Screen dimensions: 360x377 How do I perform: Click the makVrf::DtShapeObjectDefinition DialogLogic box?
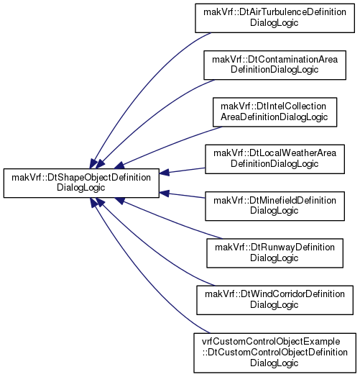(81, 183)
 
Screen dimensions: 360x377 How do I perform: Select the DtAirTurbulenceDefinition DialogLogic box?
(274, 18)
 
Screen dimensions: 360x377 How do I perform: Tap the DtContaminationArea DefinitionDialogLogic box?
(274, 65)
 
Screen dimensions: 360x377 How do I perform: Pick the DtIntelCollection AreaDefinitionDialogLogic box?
(274, 112)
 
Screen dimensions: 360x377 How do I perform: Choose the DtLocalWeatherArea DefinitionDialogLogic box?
(274, 159)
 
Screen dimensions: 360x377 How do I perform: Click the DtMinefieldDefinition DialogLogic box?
(274, 206)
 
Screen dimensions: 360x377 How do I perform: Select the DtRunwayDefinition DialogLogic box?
(274, 253)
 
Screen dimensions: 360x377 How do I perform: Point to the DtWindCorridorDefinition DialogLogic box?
(274, 300)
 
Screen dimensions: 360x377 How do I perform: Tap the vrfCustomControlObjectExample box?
(274, 353)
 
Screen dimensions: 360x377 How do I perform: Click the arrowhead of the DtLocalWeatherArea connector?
(165, 173)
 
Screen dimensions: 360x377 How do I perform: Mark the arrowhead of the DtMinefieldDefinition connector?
(165, 194)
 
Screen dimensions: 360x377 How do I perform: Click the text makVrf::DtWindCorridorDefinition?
(274, 294)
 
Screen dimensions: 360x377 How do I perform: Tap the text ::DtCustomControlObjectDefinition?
(274, 353)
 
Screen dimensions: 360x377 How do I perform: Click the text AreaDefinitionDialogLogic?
(274, 117)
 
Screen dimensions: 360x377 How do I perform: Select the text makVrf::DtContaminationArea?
(274, 60)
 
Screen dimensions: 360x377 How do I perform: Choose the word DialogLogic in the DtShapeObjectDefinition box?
(81, 188)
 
